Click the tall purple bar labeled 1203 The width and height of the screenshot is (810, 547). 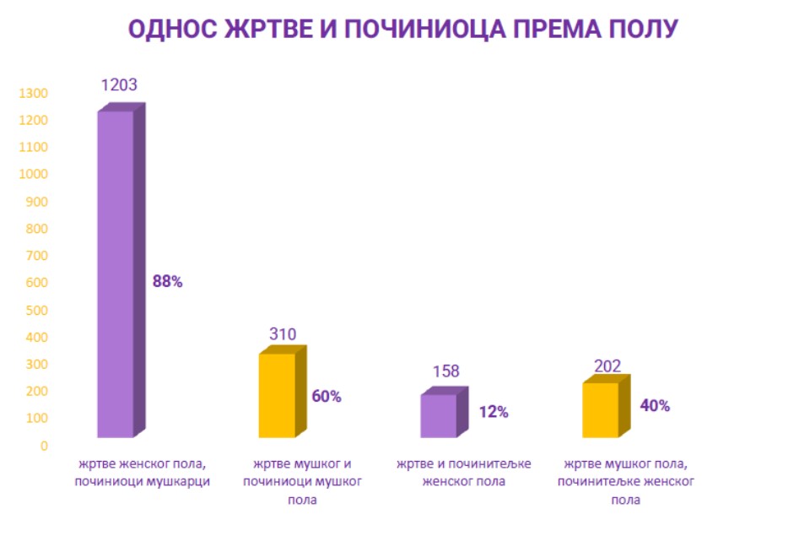116,274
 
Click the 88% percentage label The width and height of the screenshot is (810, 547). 167,282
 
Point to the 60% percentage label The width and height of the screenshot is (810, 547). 327,397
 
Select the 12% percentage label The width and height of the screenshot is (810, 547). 494,413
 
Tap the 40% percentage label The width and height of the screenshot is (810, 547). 655,406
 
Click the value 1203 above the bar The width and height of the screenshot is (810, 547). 119,85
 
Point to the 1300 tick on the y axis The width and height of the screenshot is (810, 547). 33,93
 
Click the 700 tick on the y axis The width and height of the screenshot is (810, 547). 36,256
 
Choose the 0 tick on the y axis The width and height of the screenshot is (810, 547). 44,446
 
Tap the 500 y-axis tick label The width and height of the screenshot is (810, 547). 36,310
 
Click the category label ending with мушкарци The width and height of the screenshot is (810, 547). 142,474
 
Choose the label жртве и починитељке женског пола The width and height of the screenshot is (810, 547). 465,474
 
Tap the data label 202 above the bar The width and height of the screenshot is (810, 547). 607,366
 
